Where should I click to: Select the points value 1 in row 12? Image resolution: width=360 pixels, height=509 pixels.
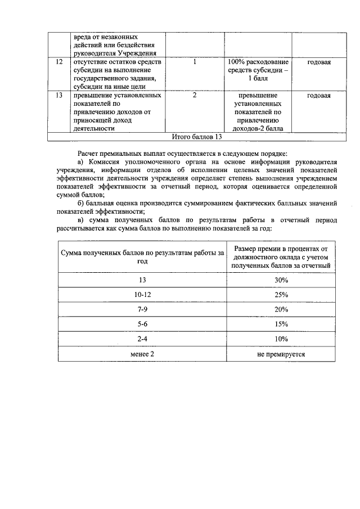(x=194, y=62)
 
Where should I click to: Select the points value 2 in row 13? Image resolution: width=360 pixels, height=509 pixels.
(x=194, y=96)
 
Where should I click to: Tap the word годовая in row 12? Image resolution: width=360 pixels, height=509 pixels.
(x=319, y=62)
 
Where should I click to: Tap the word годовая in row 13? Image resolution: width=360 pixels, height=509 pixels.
(x=319, y=96)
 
